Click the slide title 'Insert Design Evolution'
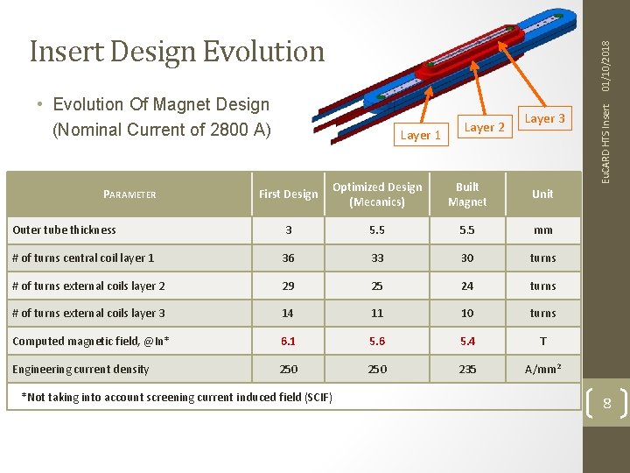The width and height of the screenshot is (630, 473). (177, 52)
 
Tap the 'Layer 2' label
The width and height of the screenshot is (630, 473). (484, 127)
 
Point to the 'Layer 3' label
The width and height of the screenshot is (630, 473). (544, 118)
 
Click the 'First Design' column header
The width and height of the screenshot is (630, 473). (289, 194)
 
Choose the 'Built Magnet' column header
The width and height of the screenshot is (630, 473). (467, 194)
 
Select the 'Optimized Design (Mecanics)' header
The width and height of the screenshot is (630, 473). (377, 194)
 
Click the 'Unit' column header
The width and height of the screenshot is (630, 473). (542, 194)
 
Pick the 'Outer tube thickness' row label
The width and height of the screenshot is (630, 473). (64, 230)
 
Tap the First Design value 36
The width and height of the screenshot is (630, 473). (289, 258)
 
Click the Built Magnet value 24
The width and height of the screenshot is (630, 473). (467, 286)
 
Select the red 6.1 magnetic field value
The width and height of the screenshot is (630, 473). (289, 342)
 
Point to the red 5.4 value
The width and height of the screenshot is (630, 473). (467, 342)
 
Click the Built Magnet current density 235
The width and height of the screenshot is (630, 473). (467, 370)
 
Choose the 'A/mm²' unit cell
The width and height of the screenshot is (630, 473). (542, 370)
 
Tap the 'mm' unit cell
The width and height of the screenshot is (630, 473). (542, 230)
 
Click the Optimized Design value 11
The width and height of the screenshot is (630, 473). (377, 314)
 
